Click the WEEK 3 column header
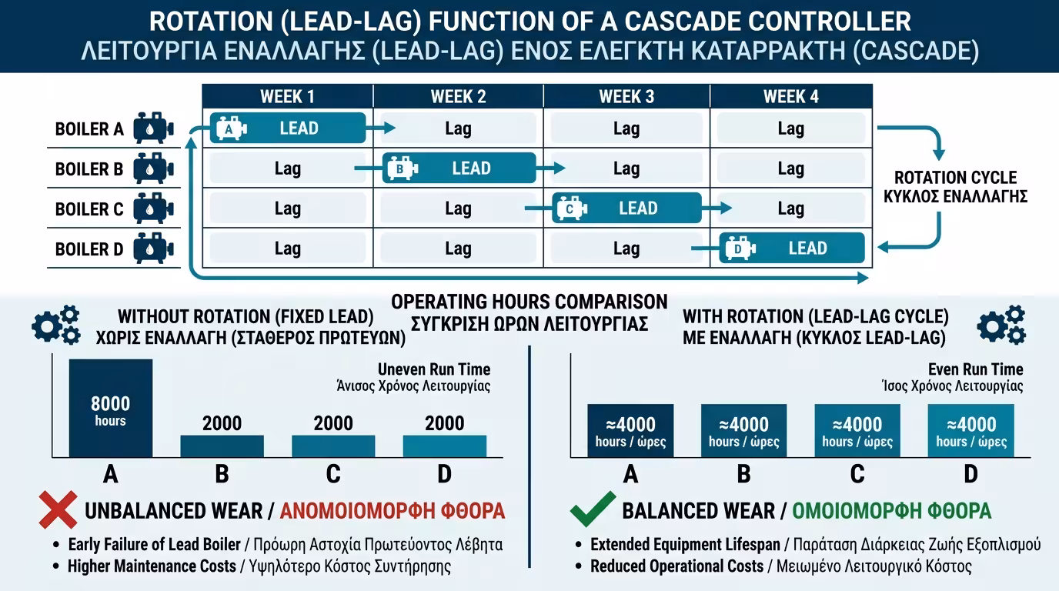(x=626, y=96)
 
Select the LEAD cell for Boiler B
(x=459, y=169)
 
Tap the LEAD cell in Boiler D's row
(x=792, y=249)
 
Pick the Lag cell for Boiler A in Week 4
(x=790, y=129)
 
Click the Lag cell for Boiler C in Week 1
(x=287, y=209)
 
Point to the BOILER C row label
(x=89, y=209)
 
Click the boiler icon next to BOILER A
(x=154, y=129)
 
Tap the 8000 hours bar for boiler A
(x=111, y=409)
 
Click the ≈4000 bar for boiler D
(x=971, y=431)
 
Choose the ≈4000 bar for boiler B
(x=743, y=431)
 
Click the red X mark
(x=58, y=509)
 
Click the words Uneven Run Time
(x=434, y=369)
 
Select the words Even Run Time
(x=975, y=369)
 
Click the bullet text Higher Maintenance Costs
(x=152, y=566)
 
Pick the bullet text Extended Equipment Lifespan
(x=684, y=545)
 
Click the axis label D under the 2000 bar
(x=444, y=474)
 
